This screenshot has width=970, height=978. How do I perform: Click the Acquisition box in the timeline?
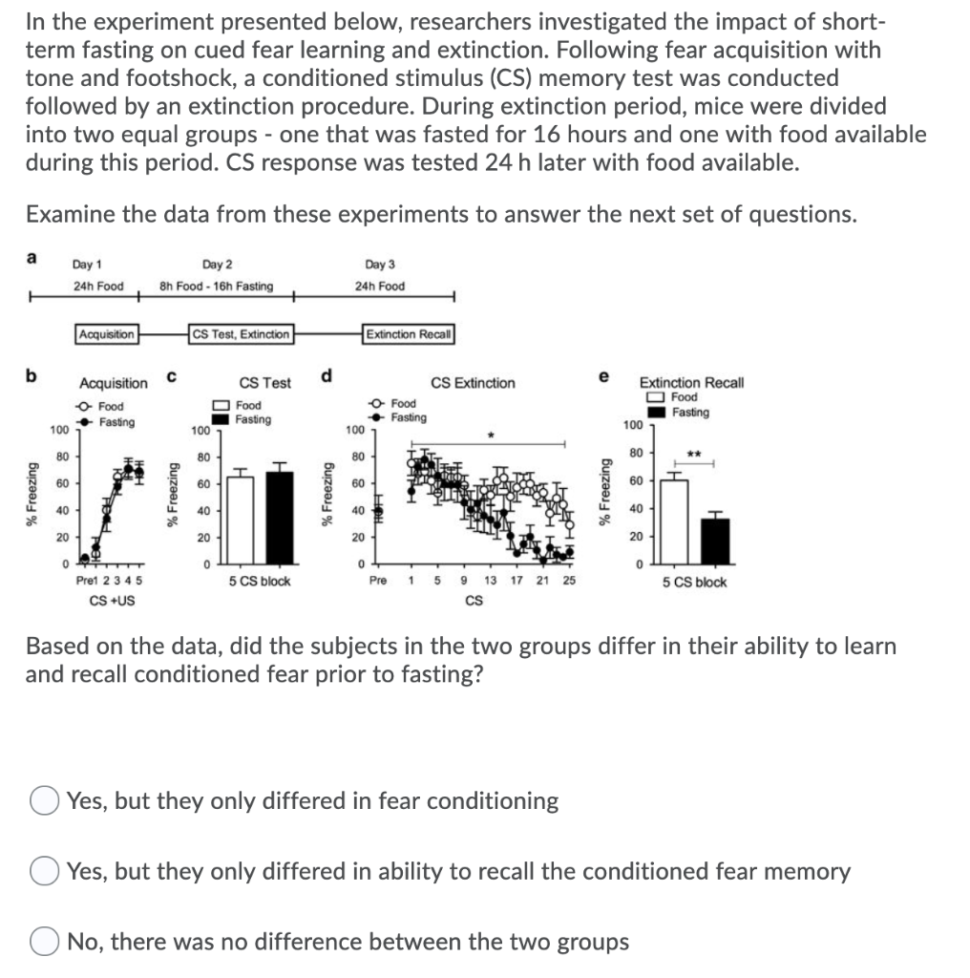pyautogui.click(x=107, y=333)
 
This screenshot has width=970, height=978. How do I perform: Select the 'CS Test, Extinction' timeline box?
pyautogui.click(x=242, y=333)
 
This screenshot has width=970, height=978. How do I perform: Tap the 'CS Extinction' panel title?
pyautogui.click(x=473, y=383)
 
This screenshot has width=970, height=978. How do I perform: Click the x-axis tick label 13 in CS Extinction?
pyautogui.click(x=490, y=581)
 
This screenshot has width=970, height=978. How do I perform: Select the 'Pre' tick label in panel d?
pyautogui.click(x=377, y=581)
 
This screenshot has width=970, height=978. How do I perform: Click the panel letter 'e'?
pyautogui.click(x=602, y=376)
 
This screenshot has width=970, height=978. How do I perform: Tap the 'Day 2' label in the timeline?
pyautogui.click(x=217, y=264)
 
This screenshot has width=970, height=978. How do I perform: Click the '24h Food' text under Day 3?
pyautogui.click(x=379, y=286)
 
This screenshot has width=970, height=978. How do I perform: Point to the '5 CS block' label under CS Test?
pyautogui.click(x=260, y=581)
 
